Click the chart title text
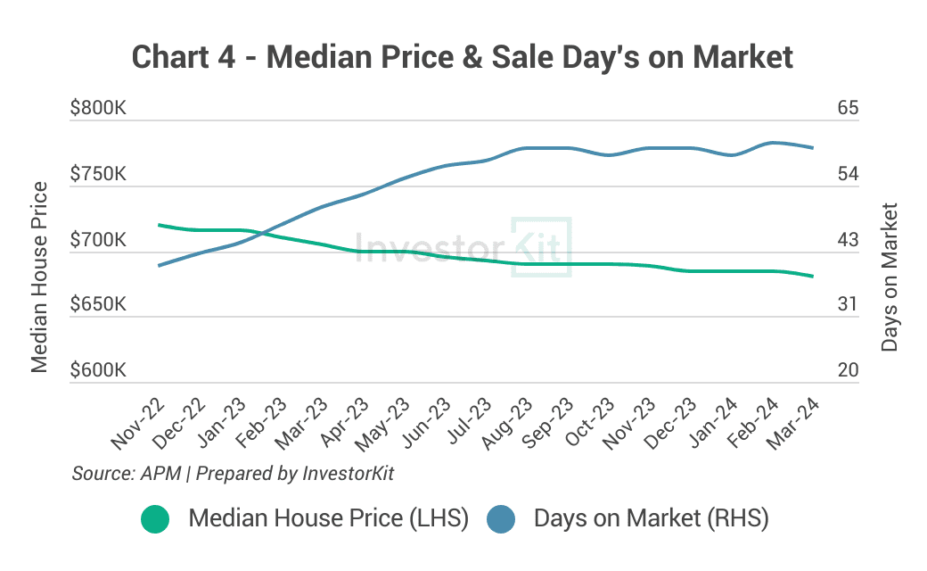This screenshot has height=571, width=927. click(x=462, y=57)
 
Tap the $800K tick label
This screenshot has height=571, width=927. click(x=98, y=109)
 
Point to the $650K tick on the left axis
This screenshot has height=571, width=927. click(x=98, y=304)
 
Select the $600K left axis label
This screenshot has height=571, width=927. click(x=98, y=370)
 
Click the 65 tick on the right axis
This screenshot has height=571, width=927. click(x=848, y=109)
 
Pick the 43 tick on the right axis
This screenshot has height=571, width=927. click(x=848, y=239)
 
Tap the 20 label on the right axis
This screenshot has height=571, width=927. click(x=848, y=370)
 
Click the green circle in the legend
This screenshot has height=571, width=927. click(x=155, y=518)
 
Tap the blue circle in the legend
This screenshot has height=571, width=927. click(x=501, y=518)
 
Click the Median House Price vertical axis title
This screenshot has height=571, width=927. click(x=39, y=277)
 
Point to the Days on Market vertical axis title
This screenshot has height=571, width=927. click(x=889, y=277)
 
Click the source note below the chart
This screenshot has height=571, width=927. click(x=233, y=474)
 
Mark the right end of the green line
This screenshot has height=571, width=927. click(x=813, y=277)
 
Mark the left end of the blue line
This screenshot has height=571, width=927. click(x=159, y=266)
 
